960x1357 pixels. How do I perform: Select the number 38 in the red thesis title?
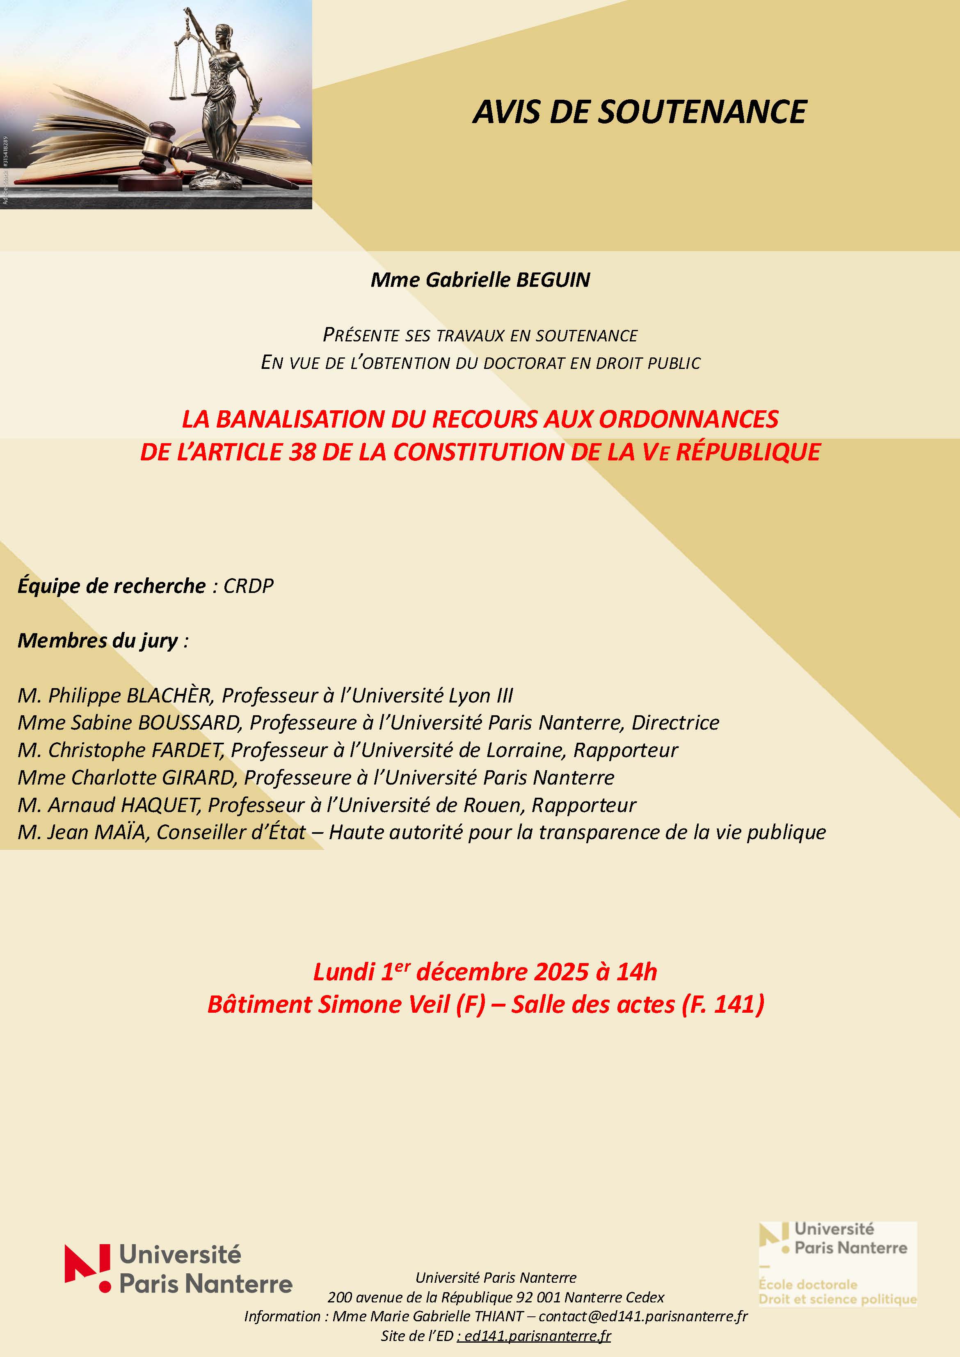[x=302, y=452]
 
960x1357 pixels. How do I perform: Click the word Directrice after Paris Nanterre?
[x=675, y=723]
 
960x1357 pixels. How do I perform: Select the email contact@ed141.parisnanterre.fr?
[x=643, y=1316]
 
